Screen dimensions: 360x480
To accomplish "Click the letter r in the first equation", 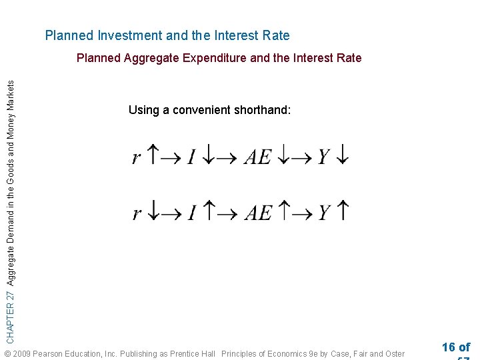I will coord(137,158).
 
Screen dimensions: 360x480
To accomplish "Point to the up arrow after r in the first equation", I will coord(152,156).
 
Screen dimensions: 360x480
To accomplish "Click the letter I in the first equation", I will coord(191,157).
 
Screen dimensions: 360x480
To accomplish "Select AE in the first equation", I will coord(258,157).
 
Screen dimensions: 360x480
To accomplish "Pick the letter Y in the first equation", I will coord(324,157).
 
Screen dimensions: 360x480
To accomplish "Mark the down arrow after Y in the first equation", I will coord(342,157).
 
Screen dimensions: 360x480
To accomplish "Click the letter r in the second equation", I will coord(137,214).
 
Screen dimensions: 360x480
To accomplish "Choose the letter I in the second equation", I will coord(191,213).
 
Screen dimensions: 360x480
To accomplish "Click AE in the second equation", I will coord(258,213).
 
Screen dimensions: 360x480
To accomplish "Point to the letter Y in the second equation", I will coord(324,213).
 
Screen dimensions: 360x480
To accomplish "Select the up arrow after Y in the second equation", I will coord(343,212).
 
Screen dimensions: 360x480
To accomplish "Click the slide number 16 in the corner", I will coord(449,347).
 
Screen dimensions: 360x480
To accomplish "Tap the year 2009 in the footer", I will coord(21,353).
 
